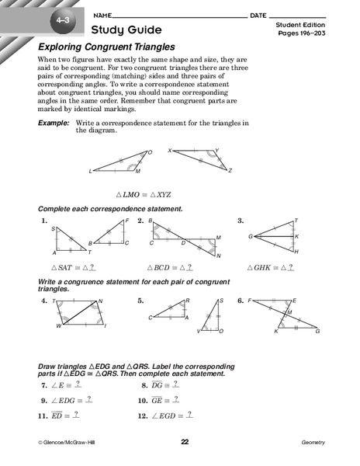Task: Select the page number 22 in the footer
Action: point(185,442)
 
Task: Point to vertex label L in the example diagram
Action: point(91,171)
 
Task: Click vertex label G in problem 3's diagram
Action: point(251,236)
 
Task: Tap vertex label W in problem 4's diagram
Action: point(57,326)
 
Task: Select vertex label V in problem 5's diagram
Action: point(199,332)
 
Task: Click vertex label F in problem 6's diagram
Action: point(250,300)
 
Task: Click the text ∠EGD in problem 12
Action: point(164,416)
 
